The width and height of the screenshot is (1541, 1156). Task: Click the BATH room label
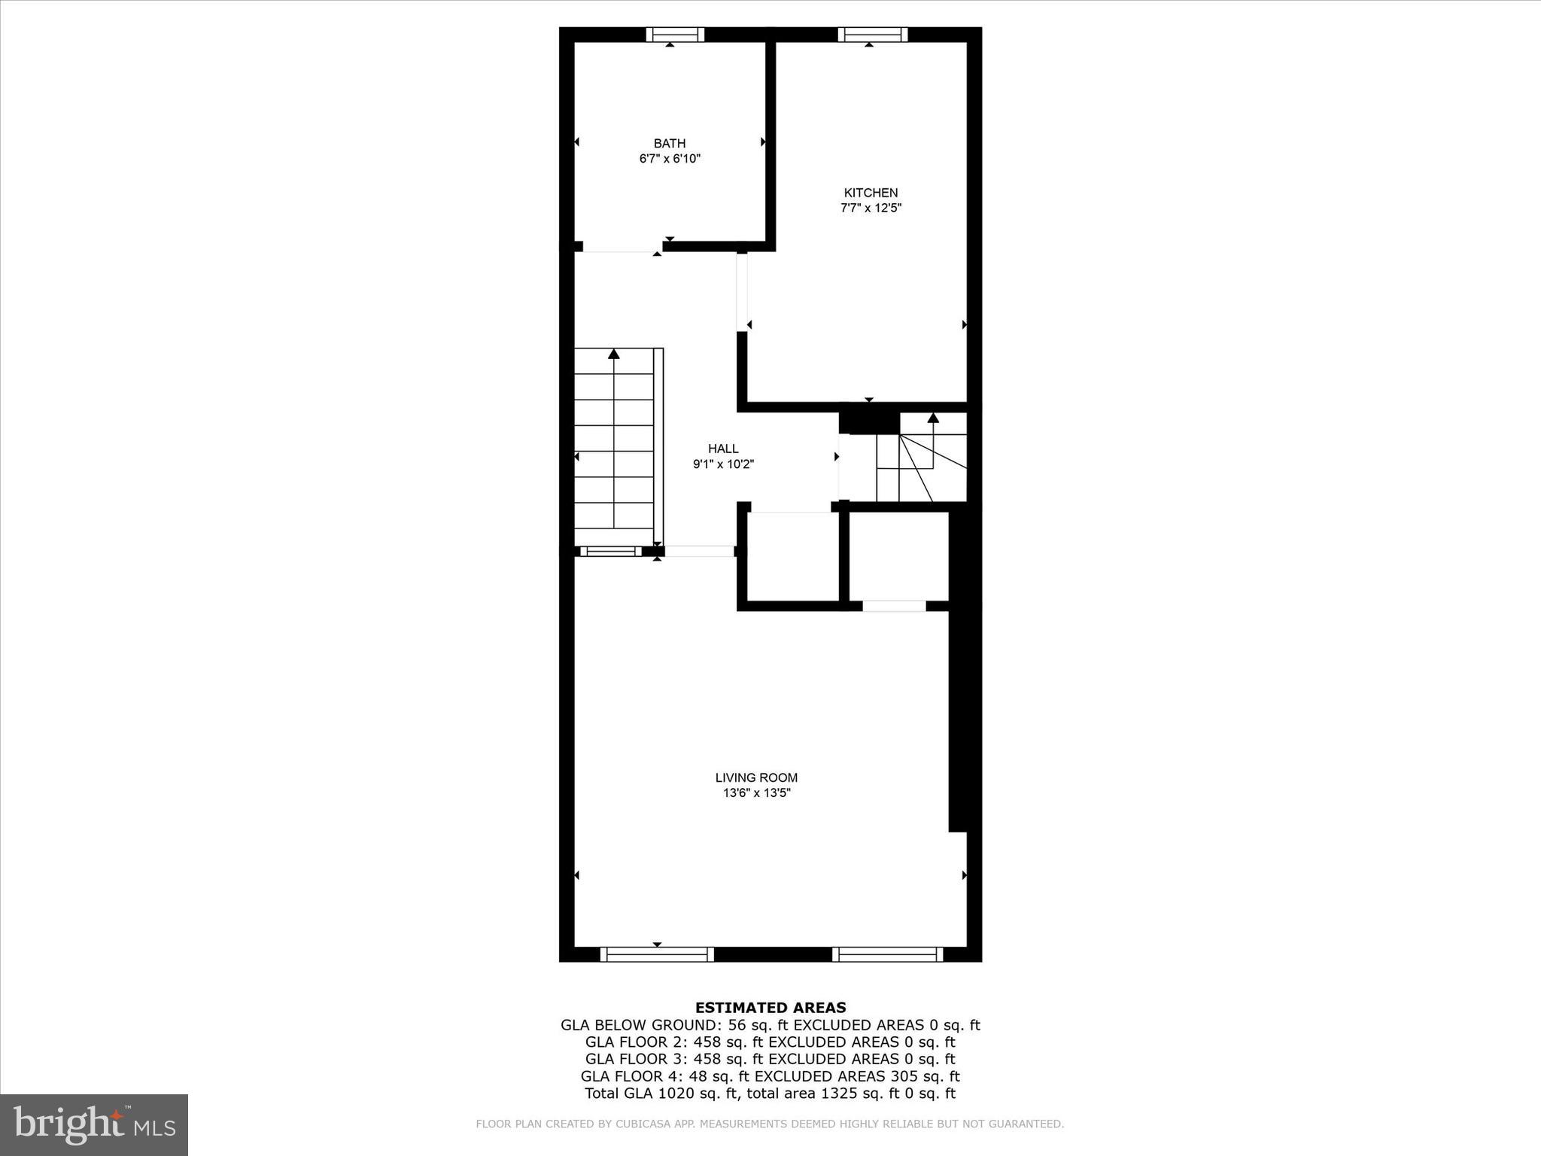(x=669, y=143)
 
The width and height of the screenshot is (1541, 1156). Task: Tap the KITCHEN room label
(x=871, y=193)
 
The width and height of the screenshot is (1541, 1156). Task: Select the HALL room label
(x=723, y=449)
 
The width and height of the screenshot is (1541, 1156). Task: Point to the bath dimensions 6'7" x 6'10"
(x=670, y=159)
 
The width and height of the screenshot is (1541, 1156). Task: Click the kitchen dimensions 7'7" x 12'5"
(x=871, y=208)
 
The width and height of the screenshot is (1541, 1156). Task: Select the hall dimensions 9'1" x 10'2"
(x=723, y=464)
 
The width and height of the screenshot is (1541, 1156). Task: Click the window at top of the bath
(x=675, y=35)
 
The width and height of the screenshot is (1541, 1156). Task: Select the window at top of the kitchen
(x=872, y=35)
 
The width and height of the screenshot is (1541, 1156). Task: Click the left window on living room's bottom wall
(x=657, y=954)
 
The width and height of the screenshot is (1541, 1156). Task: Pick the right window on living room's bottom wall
(x=887, y=954)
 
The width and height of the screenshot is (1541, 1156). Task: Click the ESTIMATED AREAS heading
(x=770, y=1008)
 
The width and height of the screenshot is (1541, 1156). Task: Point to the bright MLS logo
(x=94, y=1124)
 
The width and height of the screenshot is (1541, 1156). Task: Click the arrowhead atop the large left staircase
(x=614, y=353)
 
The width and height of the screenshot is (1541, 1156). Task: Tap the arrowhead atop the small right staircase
(x=933, y=417)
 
